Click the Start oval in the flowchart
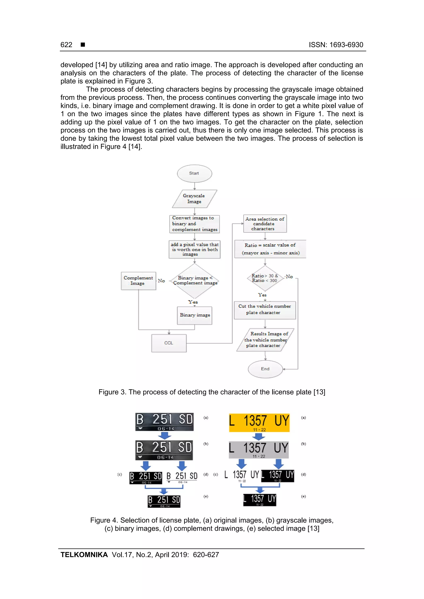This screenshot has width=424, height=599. pos(194,173)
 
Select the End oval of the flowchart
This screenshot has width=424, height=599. pos(265,369)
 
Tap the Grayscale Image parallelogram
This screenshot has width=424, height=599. pos(194,198)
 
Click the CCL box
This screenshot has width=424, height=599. pos(169,343)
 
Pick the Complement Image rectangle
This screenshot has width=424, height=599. pos(139,281)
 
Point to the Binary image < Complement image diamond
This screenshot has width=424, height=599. pos(195,281)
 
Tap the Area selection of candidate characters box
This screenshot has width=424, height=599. pos(265,224)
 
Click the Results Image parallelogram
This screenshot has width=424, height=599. pos(265,340)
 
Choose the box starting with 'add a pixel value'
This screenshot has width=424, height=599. pos(194,249)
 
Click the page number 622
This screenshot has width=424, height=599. pos(66,45)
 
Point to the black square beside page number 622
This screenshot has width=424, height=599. pos(83,45)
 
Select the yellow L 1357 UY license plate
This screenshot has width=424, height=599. pos(259,422)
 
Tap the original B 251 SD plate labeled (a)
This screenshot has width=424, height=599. pos(164,422)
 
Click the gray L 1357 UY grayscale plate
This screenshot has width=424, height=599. pos(259,450)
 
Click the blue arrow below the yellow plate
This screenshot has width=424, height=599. pos(259,436)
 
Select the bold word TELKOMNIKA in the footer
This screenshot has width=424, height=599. pos(84,555)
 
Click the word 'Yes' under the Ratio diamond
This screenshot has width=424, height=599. pos(262,295)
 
